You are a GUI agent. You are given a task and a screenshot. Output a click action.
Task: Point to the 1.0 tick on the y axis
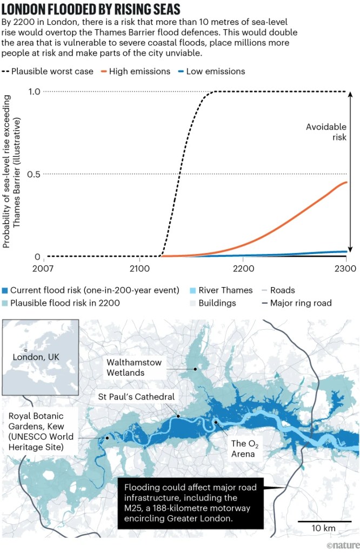click(x=34, y=91)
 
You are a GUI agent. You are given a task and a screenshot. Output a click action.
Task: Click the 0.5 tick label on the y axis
click(x=34, y=174)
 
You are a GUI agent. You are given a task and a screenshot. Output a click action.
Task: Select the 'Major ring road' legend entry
click(x=301, y=303)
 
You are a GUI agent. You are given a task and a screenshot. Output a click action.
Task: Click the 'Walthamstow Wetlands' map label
click(x=134, y=368)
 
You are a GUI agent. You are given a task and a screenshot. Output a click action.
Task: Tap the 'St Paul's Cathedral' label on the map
click(x=136, y=397)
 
